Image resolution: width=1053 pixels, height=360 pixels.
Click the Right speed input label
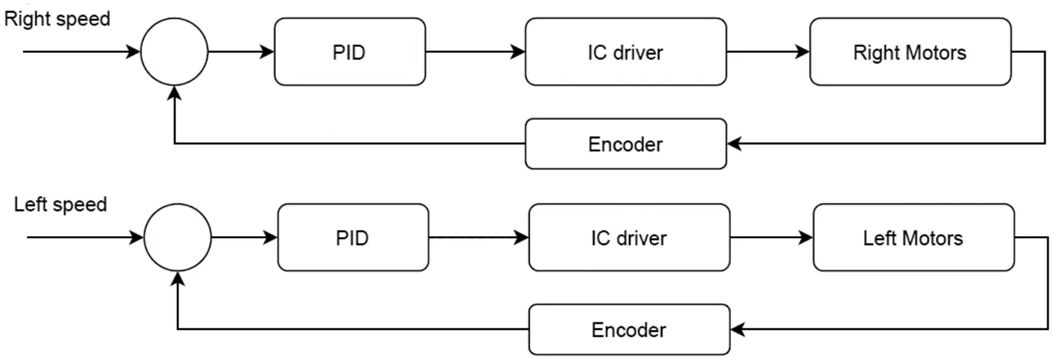(57, 19)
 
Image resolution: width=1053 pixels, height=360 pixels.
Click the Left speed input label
(60, 205)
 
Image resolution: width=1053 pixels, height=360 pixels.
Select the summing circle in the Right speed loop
(174, 52)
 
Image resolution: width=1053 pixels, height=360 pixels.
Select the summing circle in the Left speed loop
(177, 238)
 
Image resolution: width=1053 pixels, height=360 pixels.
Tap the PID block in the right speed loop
(349, 52)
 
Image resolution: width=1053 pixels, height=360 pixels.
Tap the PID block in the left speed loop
(352, 238)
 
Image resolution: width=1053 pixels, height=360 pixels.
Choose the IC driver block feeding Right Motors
(625, 52)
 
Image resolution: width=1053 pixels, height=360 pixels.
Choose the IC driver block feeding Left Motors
(629, 238)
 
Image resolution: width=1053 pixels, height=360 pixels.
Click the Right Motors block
(909, 52)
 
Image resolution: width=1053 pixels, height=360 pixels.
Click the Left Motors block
(913, 238)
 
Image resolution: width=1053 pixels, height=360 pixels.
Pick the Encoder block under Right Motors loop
(625, 144)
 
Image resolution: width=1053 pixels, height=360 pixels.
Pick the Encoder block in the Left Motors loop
(629, 330)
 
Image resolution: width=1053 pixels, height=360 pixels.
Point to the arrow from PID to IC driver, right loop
(475, 52)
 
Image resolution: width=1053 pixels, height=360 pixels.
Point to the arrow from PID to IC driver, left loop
(479, 238)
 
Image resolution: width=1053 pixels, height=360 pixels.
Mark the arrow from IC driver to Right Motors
(768, 52)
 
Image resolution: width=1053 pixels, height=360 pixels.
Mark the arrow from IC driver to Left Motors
(771, 238)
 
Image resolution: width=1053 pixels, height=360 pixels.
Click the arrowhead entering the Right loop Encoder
(734, 144)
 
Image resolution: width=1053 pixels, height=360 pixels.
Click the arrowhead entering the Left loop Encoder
(737, 330)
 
